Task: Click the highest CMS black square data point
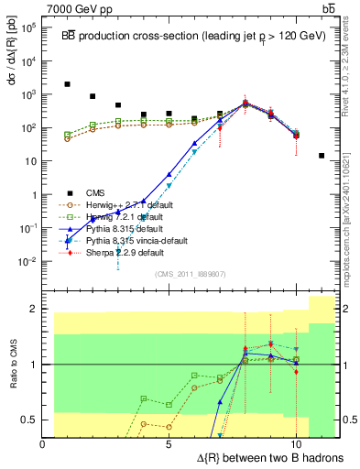click(x=68, y=84)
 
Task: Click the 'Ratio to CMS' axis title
click(x=12, y=365)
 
